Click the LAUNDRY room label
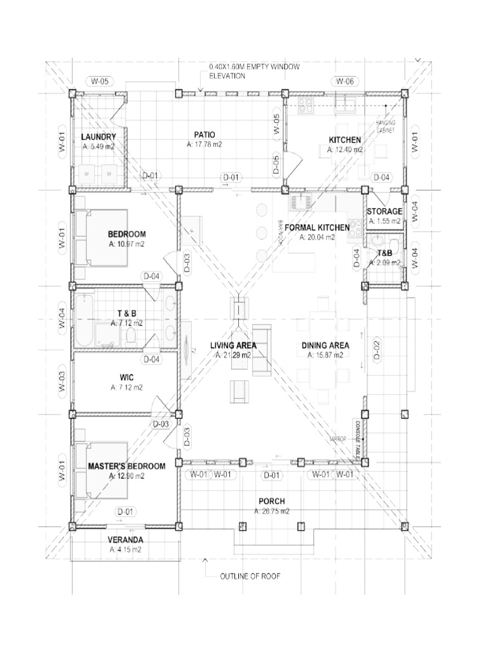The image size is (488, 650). [98, 137]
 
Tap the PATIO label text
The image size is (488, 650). [205, 135]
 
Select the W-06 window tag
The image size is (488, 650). [344, 81]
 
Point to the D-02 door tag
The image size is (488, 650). [376, 348]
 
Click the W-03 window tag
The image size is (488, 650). [62, 379]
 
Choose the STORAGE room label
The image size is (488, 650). [384, 211]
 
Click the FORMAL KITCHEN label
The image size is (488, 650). [317, 227]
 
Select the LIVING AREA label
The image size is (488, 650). [233, 345]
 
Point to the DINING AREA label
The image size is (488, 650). [325, 345]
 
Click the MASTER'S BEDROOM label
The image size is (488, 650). [126, 466]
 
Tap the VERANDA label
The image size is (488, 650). [125, 540]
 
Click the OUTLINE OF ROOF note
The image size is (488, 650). [250, 576]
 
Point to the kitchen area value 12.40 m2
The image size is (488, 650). [345, 150]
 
